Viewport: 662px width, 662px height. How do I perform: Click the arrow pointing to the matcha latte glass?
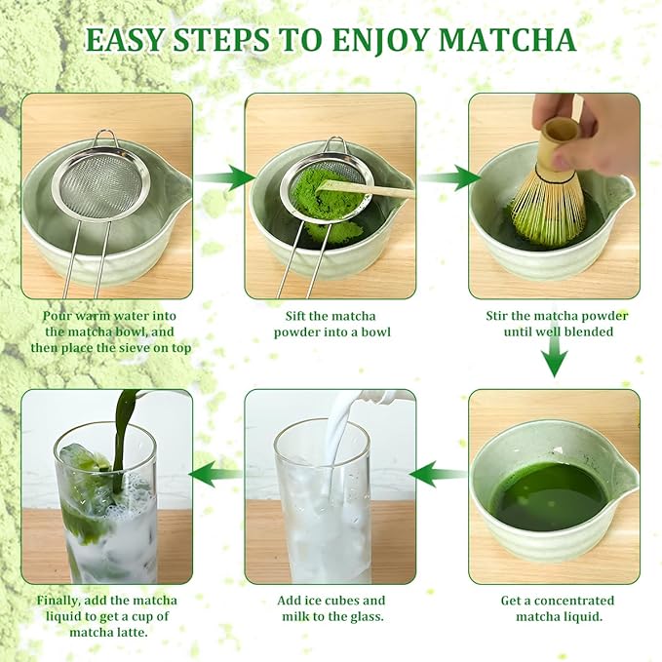click(215, 475)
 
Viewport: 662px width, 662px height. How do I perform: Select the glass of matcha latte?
click(105, 507)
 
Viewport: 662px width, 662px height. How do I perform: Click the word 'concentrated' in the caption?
click(574, 601)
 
